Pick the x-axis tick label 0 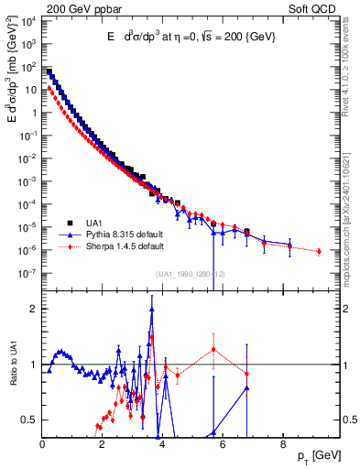click(x=42, y=446)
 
